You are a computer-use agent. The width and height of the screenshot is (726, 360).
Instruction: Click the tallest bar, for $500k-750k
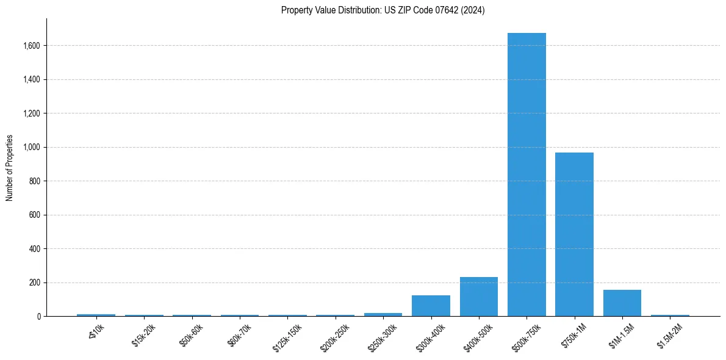(x=527, y=175)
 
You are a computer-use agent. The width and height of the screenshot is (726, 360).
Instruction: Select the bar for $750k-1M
(x=574, y=234)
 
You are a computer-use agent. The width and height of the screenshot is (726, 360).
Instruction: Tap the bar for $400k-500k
(x=479, y=297)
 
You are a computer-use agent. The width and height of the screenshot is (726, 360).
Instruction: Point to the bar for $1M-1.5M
(x=622, y=303)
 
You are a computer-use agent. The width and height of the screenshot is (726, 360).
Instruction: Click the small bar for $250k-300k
(x=383, y=314)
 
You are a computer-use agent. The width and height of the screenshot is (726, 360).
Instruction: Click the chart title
(x=383, y=10)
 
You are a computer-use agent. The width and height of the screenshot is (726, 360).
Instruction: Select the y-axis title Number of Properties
(x=10, y=168)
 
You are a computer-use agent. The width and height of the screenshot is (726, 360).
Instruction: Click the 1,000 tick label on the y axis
(x=31, y=147)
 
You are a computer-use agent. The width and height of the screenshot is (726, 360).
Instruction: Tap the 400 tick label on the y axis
(x=35, y=249)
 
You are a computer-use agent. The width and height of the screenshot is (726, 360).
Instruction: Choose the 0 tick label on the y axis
(x=38, y=317)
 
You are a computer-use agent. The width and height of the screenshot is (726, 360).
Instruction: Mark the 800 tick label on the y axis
(x=35, y=181)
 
